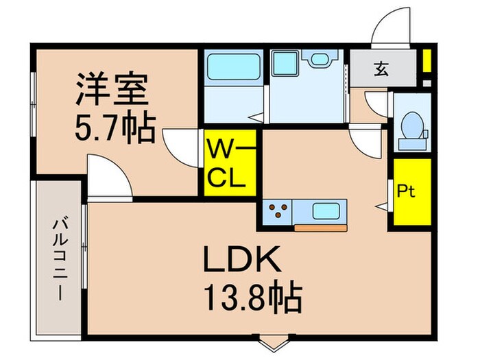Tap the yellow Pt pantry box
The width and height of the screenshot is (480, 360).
[411, 192]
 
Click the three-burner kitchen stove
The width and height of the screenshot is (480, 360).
[277, 211]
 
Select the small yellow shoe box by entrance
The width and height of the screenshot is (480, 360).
[426, 61]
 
